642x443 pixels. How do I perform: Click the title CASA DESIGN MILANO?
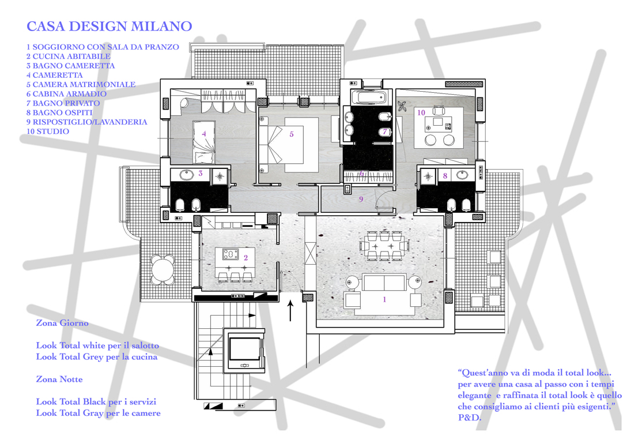click(109, 27)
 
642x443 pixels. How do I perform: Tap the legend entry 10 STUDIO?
click(48, 132)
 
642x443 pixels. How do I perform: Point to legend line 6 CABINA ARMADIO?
click(66, 94)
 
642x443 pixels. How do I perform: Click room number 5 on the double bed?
click(292, 134)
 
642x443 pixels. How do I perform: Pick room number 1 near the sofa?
click(385, 299)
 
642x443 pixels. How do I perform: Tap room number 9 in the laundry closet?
click(361, 199)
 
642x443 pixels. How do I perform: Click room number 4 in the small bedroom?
click(204, 133)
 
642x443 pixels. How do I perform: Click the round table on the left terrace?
click(163, 269)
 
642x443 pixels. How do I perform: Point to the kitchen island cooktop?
click(229, 254)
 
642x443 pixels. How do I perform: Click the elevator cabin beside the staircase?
click(245, 349)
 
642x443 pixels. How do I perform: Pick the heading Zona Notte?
click(59, 380)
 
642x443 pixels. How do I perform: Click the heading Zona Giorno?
click(62, 323)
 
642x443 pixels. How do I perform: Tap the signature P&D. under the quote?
click(470, 418)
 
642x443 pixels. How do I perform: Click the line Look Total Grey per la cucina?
click(96, 356)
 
